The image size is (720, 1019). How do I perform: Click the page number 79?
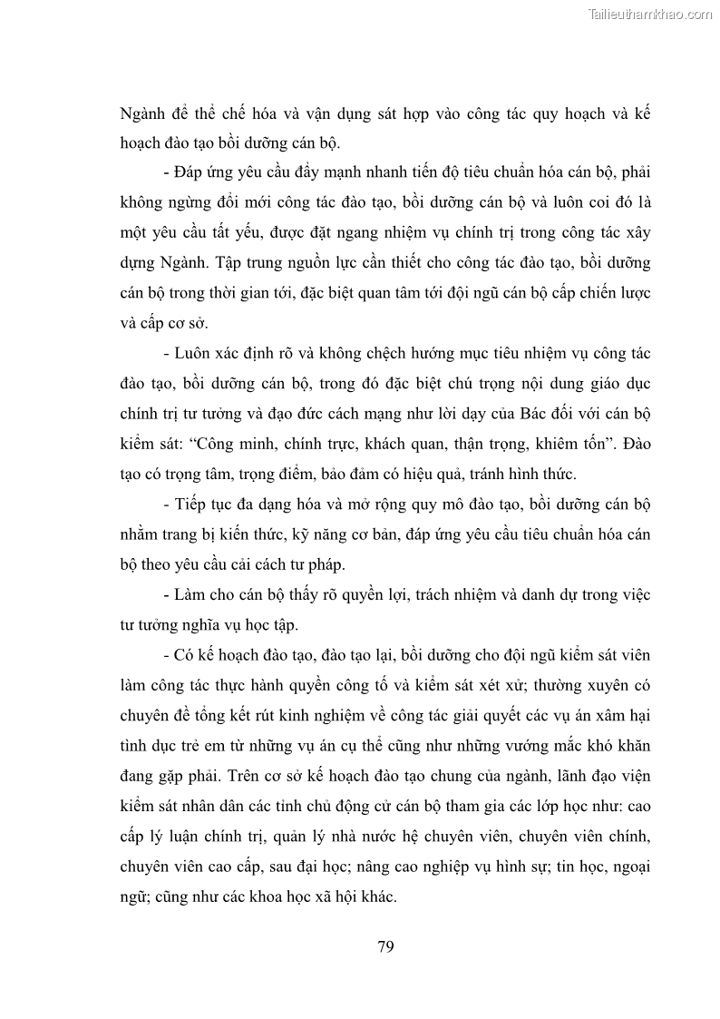pyautogui.click(x=384, y=947)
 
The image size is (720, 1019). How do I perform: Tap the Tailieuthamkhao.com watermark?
pyautogui.click(x=650, y=14)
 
